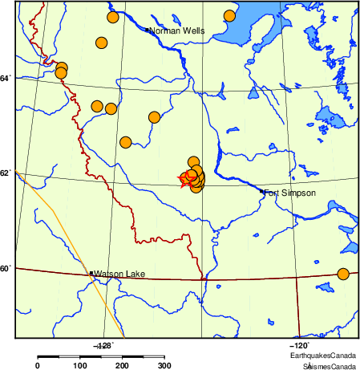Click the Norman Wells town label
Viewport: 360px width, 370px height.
pyautogui.click(x=177, y=31)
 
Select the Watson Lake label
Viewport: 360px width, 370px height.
pyautogui.click(x=119, y=274)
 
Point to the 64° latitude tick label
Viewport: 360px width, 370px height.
pyautogui.click(x=6, y=78)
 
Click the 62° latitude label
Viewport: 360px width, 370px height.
pyautogui.click(x=6, y=173)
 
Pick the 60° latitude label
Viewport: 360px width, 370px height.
pyautogui.click(x=6, y=268)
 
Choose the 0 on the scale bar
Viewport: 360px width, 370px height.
pyautogui.click(x=38, y=366)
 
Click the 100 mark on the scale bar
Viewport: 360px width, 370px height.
pyautogui.click(x=80, y=366)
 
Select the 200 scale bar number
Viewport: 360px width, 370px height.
pyautogui.click(x=123, y=366)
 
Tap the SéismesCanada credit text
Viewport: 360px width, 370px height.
pyautogui.click(x=326, y=365)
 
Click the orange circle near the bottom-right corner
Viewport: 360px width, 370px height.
pyautogui.click(x=343, y=274)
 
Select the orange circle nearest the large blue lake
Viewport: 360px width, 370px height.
pyautogui.click(x=229, y=16)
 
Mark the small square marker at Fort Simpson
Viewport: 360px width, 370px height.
pyautogui.click(x=262, y=191)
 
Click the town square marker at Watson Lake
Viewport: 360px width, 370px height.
pyautogui.click(x=91, y=274)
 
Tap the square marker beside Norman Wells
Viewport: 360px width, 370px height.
pyautogui.click(x=148, y=30)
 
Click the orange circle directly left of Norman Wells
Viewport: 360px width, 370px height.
pyautogui.click(x=102, y=43)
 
